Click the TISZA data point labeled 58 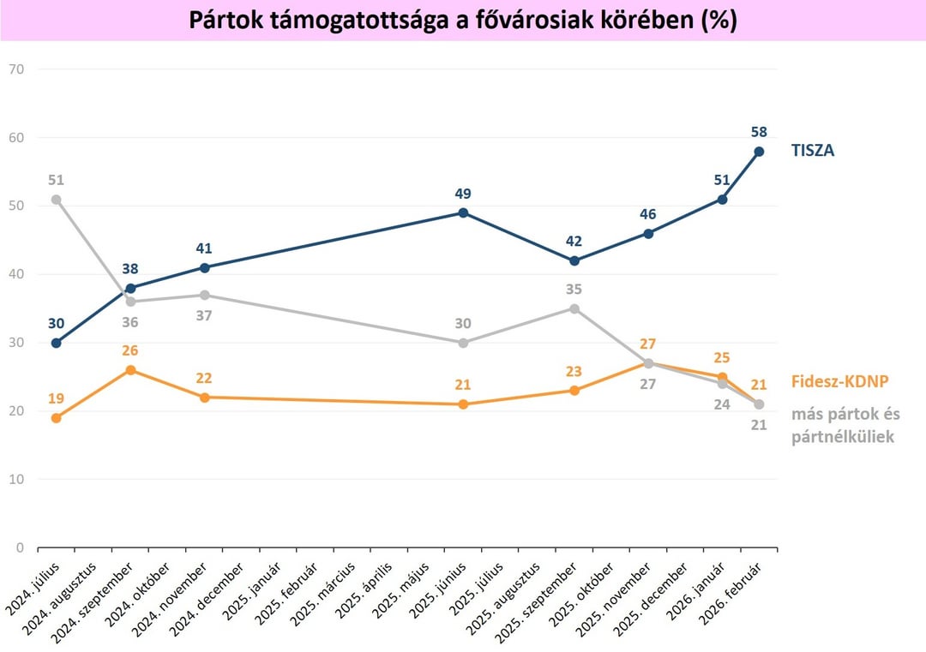tap(759, 152)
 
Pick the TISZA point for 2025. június tap(463, 212)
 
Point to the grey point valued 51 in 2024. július tap(57, 200)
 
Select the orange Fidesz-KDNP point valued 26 tap(130, 370)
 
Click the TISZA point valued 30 tap(57, 343)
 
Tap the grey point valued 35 tap(574, 308)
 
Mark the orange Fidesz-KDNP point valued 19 tap(57, 418)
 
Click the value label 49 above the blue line tap(463, 194)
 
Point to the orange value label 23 tap(574, 372)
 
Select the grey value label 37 tap(204, 315)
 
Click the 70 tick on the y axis tap(15, 69)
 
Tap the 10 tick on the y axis tap(15, 479)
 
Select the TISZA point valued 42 tap(574, 260)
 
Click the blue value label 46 tap(648, 214)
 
